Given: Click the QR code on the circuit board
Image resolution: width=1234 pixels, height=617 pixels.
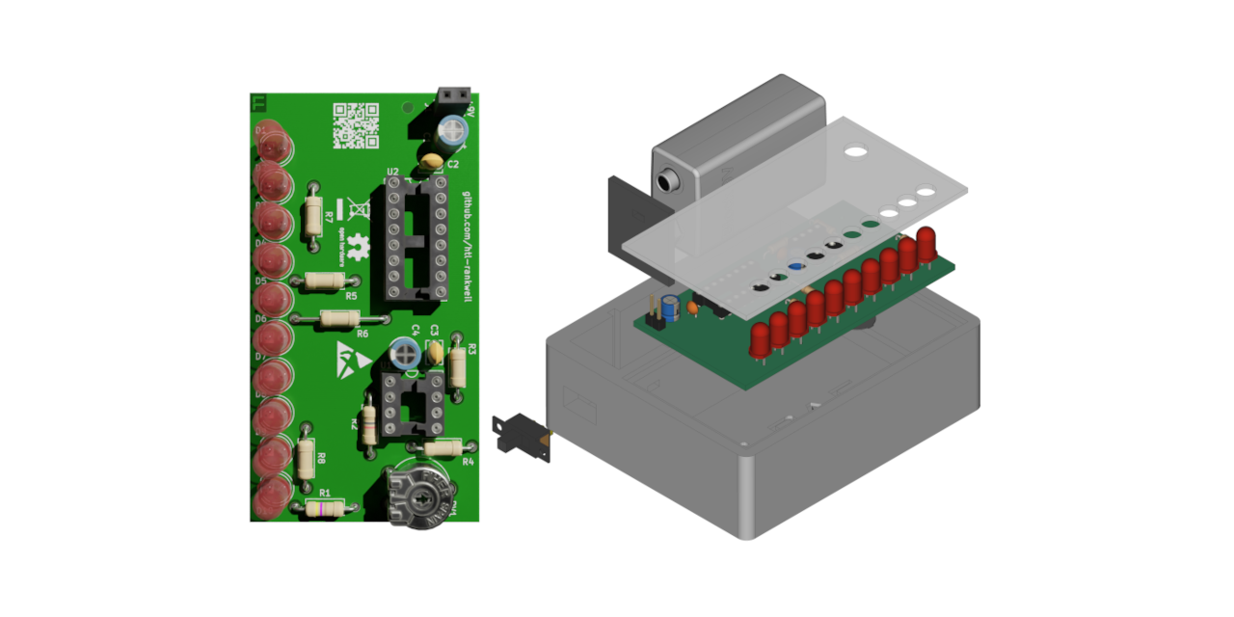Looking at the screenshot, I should point(356,125).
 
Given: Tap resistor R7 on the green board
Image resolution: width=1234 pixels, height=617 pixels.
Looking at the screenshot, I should point(312,214).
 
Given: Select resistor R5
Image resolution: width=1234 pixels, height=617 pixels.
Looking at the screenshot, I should point(323,281).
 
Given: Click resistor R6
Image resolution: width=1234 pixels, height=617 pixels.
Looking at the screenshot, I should point(340,318).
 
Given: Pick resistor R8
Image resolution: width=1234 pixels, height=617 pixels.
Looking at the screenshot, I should point(306,458).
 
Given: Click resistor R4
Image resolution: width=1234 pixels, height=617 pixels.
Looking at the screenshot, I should point(443,446).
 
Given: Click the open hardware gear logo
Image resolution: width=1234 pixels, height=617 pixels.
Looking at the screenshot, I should point(359,248).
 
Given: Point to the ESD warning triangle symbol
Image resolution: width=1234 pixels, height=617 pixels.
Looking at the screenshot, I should point(353,357).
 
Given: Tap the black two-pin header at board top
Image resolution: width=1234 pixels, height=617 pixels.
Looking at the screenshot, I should point(453,95).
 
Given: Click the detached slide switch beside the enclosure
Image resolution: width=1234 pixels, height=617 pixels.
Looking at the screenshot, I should point(521,436).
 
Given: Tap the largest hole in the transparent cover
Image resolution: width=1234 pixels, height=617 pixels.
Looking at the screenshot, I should point(854,151).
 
